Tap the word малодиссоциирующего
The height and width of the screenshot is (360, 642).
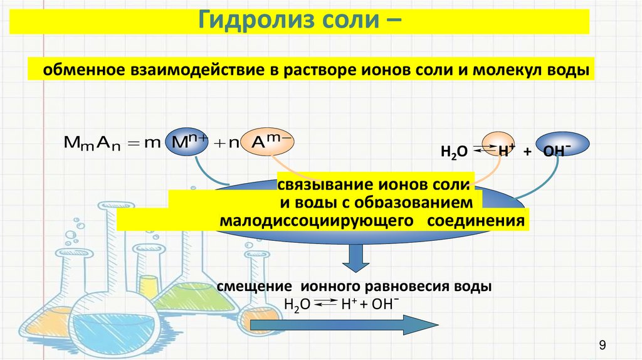(318, 221)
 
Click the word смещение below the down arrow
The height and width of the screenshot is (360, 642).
(256, 286)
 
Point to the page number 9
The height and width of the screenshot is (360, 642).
(603, 344)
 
